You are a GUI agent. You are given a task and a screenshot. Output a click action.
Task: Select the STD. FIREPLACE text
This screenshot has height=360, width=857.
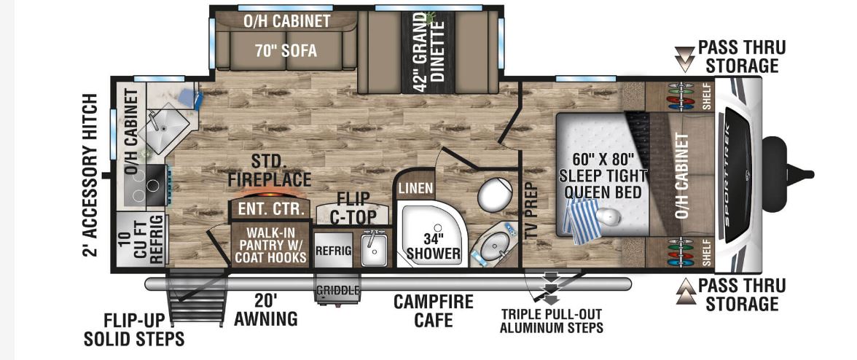pos(269,169)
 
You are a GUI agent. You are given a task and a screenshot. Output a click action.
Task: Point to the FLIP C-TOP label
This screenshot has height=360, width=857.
pos(353,207)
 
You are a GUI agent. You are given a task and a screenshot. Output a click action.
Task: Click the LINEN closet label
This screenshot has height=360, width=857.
pos(416,188)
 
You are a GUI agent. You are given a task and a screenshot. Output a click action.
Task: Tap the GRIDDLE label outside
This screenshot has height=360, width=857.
pos(337,290)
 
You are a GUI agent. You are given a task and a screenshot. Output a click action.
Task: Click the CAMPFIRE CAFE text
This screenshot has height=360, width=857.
pos(434,310)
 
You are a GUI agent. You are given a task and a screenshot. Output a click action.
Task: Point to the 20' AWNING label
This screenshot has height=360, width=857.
pos(265,310)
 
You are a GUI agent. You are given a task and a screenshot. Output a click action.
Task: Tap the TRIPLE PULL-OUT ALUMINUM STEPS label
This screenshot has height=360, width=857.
pos(551,321)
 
